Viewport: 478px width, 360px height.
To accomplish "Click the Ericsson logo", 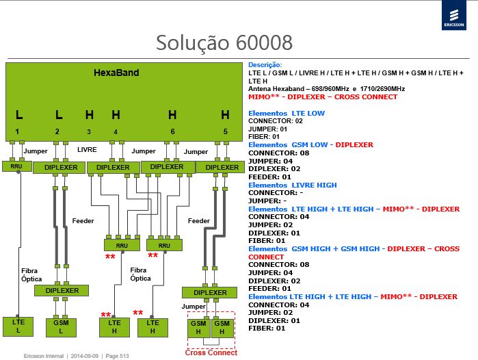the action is tap(454, 15).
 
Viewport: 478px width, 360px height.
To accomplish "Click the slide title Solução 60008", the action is tap(224, 42).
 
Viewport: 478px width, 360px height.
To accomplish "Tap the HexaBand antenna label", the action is tap(116, 73).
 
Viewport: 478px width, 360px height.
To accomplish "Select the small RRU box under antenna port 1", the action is tap(17, 166).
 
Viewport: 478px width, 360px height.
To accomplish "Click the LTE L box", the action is tap(18, 326).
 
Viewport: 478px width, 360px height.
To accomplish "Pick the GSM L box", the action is tap(61, 327).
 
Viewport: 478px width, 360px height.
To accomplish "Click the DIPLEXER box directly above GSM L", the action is tap(62, 290).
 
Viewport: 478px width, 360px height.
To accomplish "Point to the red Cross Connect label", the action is tap(211, 352).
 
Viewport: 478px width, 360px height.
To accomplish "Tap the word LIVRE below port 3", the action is tap(87, 150).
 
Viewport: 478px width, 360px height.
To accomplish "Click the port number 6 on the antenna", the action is tap(172, 131).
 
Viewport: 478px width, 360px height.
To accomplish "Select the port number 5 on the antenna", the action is tap(225, 131).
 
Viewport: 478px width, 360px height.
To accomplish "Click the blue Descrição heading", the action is tap(265, 65).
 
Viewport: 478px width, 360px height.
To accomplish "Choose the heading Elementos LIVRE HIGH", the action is tap(293, 185).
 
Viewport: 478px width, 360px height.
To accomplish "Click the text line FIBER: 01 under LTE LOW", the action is tap(264, 137).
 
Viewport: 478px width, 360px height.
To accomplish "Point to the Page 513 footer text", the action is tap(117, 356).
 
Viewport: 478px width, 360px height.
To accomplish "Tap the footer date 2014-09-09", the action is tap(84, 356).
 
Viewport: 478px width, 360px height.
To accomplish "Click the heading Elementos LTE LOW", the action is tap(287, 113).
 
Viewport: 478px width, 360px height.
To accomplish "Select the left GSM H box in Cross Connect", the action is tap(198, 328).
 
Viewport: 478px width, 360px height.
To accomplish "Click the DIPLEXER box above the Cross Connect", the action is tap(210, 292).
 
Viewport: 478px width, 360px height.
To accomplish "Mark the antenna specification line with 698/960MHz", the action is tap(326, 89).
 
